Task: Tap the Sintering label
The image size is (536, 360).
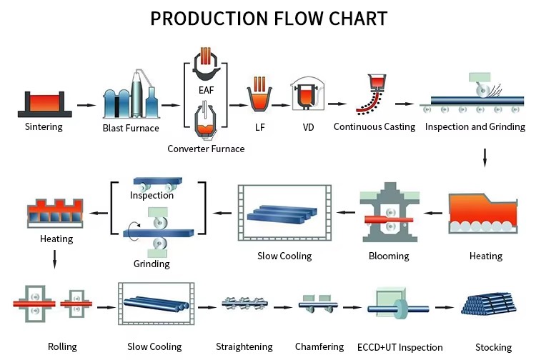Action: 44,126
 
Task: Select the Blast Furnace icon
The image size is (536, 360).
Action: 131,94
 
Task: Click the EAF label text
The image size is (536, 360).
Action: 206,90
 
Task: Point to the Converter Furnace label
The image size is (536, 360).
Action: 206,149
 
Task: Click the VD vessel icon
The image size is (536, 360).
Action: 307,94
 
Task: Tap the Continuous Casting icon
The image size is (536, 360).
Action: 371,94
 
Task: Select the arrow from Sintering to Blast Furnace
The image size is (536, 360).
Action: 86,105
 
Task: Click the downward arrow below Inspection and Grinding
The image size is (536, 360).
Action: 485,158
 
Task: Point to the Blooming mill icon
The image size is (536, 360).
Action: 389,212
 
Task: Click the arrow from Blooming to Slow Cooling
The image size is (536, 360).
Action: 346,212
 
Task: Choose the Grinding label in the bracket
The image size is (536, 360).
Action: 152,264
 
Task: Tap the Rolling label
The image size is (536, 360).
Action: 62,346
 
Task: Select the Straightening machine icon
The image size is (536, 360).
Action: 244,303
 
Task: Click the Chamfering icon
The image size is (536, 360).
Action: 318,304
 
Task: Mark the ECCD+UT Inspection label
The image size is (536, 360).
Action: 400,347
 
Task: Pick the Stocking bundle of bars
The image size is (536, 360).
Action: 489,304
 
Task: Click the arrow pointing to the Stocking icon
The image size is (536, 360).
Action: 445,307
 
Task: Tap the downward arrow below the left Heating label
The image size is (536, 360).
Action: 54,259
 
